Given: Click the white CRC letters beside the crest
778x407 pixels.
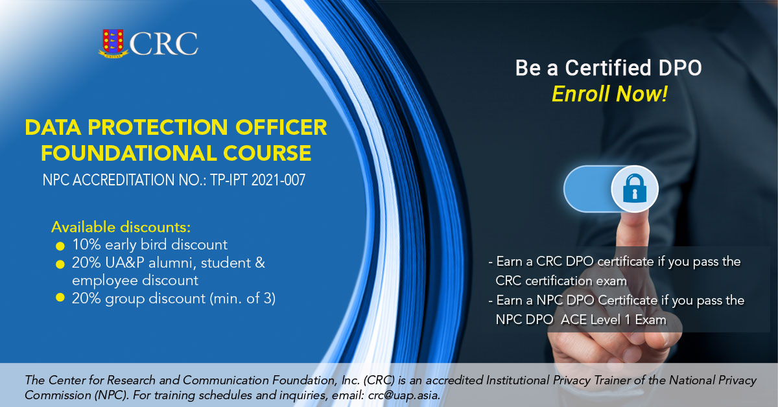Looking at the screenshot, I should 163,43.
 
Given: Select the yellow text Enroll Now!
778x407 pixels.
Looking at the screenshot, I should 609,95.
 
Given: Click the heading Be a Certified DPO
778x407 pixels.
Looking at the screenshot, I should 609,67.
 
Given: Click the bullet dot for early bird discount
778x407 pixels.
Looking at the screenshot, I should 60,246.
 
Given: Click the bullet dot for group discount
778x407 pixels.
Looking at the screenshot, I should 60,299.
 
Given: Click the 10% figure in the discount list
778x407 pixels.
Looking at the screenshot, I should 85,245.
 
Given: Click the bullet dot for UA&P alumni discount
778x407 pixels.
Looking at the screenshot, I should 60,264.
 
